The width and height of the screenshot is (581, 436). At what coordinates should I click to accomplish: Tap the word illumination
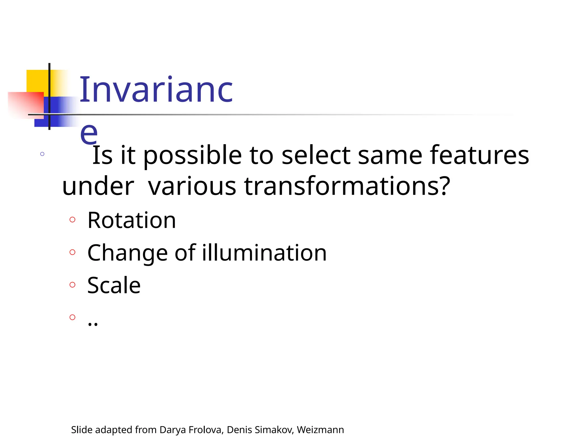point(264,253)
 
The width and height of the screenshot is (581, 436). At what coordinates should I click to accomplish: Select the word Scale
point(114,285)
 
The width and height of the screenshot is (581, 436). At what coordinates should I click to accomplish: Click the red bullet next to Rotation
point(72,219)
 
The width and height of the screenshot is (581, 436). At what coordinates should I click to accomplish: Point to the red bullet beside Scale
point(72,284)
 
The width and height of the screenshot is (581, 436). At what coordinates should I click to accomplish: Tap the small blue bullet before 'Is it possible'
point(42,154)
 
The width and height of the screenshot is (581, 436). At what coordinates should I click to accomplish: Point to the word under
point(98,186)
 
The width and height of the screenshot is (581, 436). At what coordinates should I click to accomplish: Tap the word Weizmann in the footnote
point(320,430)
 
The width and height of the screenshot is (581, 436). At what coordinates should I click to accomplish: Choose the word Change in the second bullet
point(128,253)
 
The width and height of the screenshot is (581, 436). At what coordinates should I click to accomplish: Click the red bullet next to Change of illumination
point(72,252)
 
